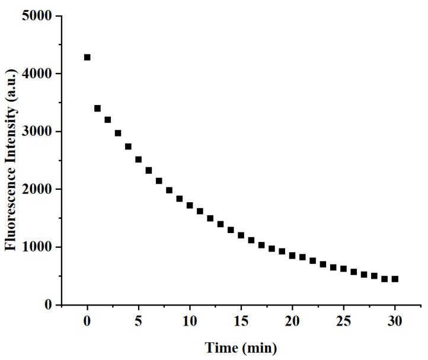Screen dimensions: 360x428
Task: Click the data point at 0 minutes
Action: [x=87, y=58]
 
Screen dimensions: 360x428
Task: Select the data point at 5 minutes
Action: [x=138, y=160]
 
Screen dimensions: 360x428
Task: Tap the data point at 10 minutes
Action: [x=190, y=205]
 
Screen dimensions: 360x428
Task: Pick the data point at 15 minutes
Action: [x=241, y=235]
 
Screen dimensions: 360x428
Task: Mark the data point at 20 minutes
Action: [x=292, y=256]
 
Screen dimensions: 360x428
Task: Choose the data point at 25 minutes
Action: [x=343, y=269]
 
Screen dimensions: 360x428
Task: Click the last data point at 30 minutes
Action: [x=395, y=279]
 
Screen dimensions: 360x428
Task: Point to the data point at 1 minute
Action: [x=98, y=109]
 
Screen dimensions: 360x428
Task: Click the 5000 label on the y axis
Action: [x=39, y=16]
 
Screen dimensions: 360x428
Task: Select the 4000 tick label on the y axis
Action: [x=39, y=74]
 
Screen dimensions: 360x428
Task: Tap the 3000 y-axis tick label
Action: [x=39, y=132]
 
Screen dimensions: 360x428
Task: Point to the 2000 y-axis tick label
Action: [x=39, y=189]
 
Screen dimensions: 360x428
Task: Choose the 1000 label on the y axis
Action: [x=39, y=247]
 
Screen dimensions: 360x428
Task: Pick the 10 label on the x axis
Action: [x=190, y=321]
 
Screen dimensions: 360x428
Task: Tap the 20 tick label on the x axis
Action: [x=292, y=321]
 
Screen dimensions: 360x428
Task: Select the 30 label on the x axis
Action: [x=395, y=321]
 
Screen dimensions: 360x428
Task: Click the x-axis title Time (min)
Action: [x=241, y=348]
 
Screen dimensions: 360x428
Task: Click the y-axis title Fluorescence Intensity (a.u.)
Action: [x=11, y=160]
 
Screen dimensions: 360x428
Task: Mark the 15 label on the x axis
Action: [x=241, y=321]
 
